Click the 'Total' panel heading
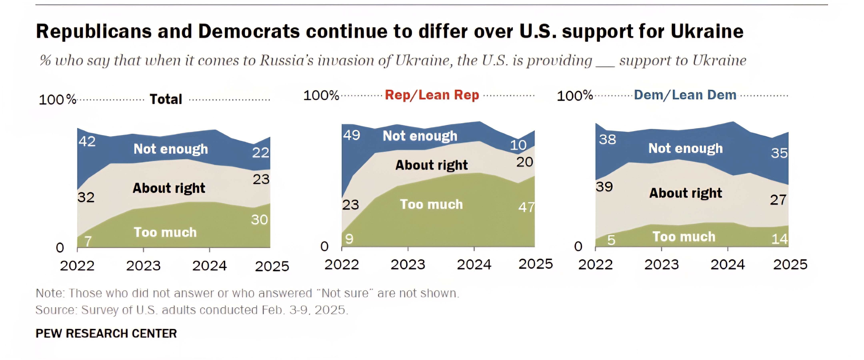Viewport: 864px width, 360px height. click(166, 99)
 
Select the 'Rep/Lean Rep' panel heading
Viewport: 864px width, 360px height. click(432, 95)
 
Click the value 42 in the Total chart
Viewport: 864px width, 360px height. click(87, 141)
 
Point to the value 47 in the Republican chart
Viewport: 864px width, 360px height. click(526, 207)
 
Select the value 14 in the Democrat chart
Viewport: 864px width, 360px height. click(779, 239)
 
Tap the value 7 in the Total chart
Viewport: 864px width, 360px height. click(88, 241)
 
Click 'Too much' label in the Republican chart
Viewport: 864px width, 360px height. click(431, 204)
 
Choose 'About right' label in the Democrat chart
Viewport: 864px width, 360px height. click(686, 193)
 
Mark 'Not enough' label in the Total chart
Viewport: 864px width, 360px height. click(171, 149)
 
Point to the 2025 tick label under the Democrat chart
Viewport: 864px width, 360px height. click(790, 265)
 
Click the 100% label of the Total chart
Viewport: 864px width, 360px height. click(58, 100)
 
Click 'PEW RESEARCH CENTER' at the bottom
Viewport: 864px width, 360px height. click(106, 333)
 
